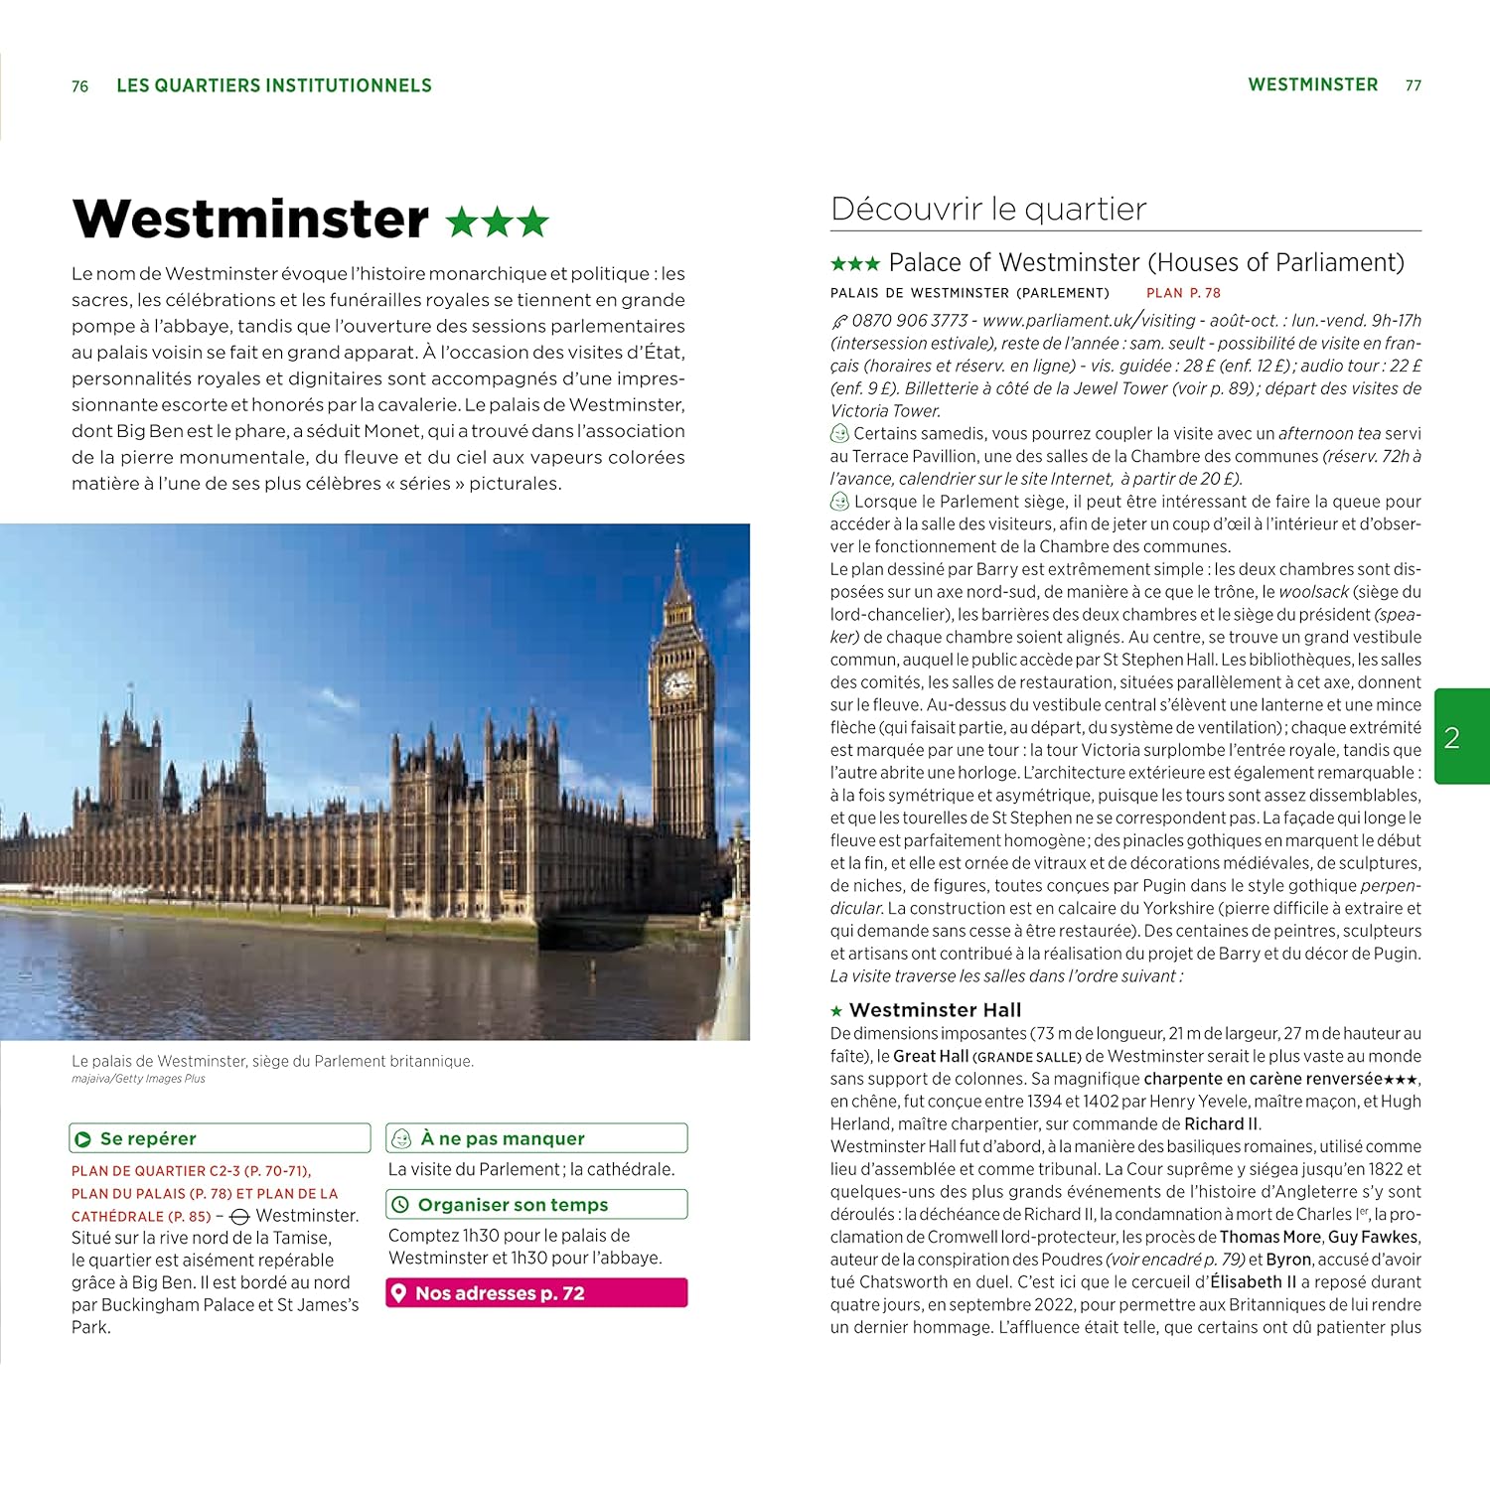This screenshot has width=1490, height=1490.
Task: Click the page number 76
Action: click(x=80, y=86)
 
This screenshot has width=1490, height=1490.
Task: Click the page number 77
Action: click(x=1413, y=86)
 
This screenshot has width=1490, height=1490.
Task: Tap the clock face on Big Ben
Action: click(x=677, y=684)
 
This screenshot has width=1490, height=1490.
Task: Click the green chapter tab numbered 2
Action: click(x=1460, y=736)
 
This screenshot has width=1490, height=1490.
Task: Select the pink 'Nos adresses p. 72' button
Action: click(x=536, y=1292)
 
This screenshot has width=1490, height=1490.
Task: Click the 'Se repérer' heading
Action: click(x=148, y=1138)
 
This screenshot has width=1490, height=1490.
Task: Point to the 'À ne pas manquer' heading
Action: click(x=502, y=1138)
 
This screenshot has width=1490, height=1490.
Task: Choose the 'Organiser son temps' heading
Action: click(x=513, y=1205)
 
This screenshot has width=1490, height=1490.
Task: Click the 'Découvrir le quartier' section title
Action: click(x=988, y=209)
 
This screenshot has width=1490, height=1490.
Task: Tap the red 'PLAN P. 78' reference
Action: click(x=1183, y=293)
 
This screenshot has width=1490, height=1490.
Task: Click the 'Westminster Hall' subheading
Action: click(x=935, y=1010)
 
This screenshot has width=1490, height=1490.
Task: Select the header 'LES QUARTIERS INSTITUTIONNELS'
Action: click(x=274, y=85)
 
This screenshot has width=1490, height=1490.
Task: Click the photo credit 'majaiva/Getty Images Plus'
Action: click(x=138, y=1079)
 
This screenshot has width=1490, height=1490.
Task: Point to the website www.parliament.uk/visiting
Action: click(x=1089, y=321)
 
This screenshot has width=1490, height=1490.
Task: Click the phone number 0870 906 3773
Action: click(x=909, y=321)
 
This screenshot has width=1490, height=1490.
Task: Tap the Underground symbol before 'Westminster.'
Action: click(x=239, y=1217)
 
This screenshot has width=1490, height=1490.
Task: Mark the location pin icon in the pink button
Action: click(x=399, y=1292)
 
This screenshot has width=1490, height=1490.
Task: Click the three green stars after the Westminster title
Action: click(x=497, y=222)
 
